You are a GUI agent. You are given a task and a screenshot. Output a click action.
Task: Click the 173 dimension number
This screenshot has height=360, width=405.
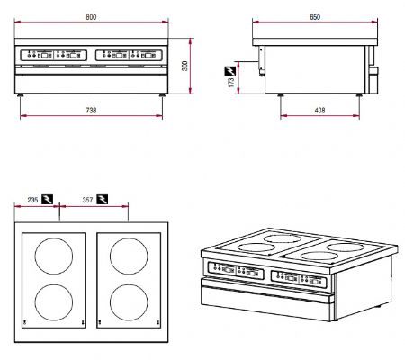click(231, 81)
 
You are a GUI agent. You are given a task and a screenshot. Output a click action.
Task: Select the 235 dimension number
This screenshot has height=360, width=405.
click(31, 200)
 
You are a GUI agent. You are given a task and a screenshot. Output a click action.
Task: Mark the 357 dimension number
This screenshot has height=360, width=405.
click(87, 200)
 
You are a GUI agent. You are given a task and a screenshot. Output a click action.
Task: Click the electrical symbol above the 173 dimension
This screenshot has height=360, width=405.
click(229, 68)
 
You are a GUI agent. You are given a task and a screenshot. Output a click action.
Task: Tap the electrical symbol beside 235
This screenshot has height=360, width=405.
click(47, 200)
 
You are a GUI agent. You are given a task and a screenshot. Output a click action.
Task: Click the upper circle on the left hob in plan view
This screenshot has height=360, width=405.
click(51, 258)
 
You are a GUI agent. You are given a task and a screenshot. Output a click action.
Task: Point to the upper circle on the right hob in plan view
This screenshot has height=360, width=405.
click(125, 258)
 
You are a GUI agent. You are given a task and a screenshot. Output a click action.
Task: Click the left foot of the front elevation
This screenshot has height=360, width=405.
click(22, 94)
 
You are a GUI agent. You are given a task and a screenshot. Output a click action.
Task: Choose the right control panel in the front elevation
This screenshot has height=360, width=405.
click(128, 53)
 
